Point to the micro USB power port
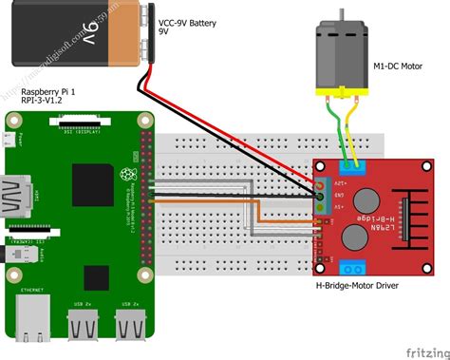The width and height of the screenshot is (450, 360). tap(9, 141)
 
